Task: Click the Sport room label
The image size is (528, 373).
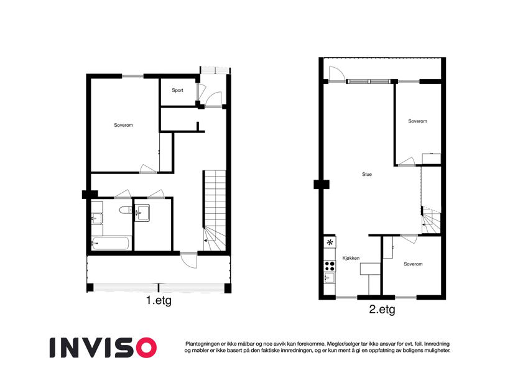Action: point(177,90)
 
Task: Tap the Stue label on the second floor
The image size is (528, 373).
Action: point(367,175)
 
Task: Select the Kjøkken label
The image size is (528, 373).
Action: point(351,258)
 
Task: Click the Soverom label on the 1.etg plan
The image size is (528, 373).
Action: point(123,125)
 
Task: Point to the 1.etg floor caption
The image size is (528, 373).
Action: point(159,301)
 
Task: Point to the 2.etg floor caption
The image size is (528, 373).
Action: point(382,310)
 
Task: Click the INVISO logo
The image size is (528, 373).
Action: point(103,348)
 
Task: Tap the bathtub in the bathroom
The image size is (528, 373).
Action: point(110,244)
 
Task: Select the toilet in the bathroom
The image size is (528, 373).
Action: point(125,210)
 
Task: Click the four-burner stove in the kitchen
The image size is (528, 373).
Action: point(330,266)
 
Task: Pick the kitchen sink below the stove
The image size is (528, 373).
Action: point(328,278)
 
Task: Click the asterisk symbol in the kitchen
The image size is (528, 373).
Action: point(330,242)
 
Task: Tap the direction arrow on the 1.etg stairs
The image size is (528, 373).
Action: point(205,241)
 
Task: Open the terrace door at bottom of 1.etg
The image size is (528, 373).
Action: point(188,260)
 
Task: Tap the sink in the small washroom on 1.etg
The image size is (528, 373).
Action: point(142,213)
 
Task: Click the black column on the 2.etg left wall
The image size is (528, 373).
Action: point(322,185)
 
